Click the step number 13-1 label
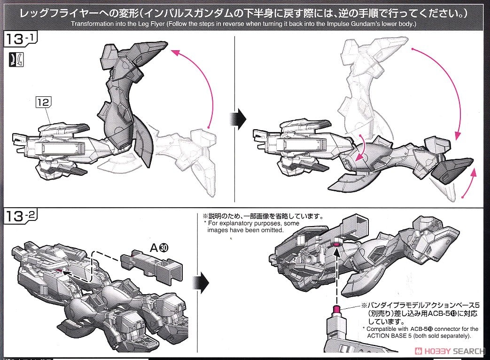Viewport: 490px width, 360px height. point(20,39)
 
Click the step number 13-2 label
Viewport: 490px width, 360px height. point(20,217)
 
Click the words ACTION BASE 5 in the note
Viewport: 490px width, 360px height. point(390,336)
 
